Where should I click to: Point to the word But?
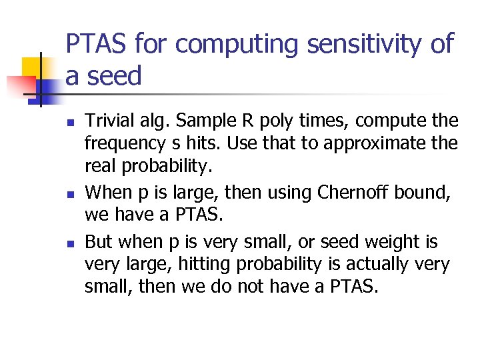[x=99, y=241]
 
